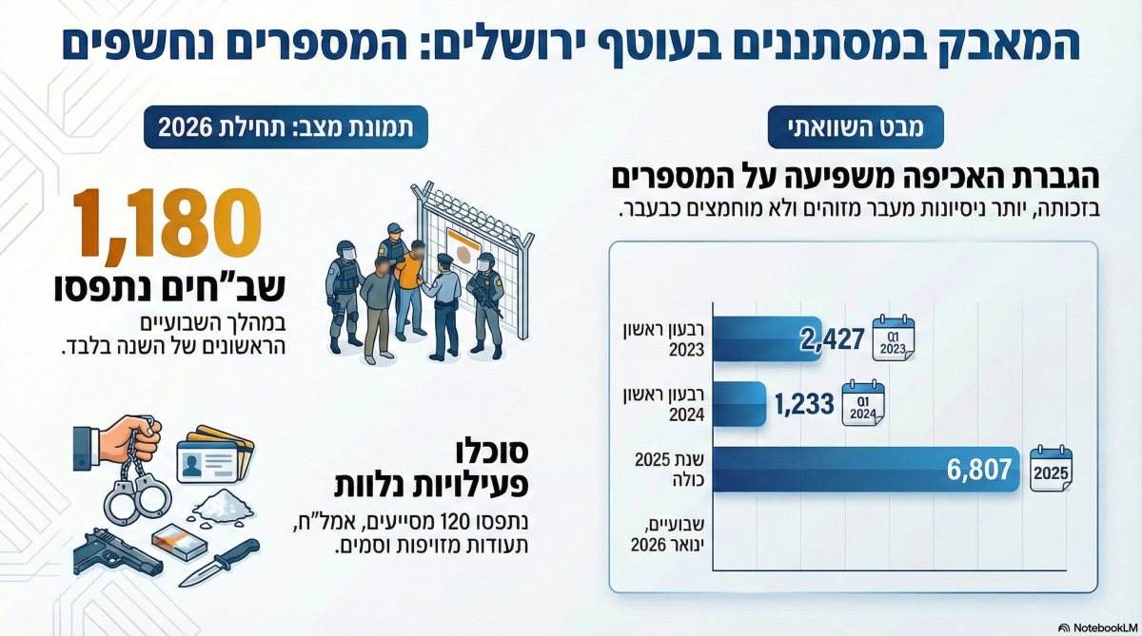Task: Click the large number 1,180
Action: [167, 224]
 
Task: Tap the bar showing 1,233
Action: [738, 404]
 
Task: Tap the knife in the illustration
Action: [218, 562]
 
